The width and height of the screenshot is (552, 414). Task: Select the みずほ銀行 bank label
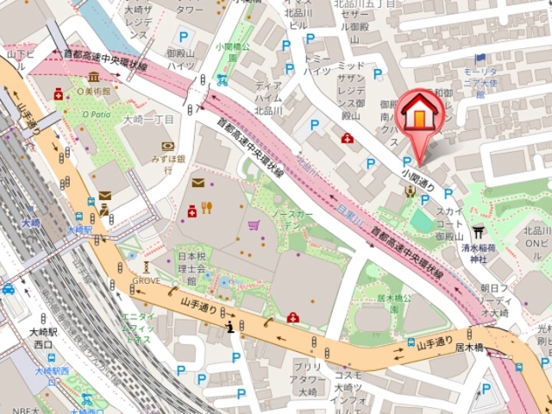169,159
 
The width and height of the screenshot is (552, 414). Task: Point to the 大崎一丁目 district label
148,120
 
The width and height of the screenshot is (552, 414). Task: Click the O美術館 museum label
94,91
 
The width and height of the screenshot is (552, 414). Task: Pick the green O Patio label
96,114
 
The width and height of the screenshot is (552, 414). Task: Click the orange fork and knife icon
207,207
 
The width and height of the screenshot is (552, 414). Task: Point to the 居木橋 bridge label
468,347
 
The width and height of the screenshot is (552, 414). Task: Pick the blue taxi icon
8,289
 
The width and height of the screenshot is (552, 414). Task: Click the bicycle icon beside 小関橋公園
223,80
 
